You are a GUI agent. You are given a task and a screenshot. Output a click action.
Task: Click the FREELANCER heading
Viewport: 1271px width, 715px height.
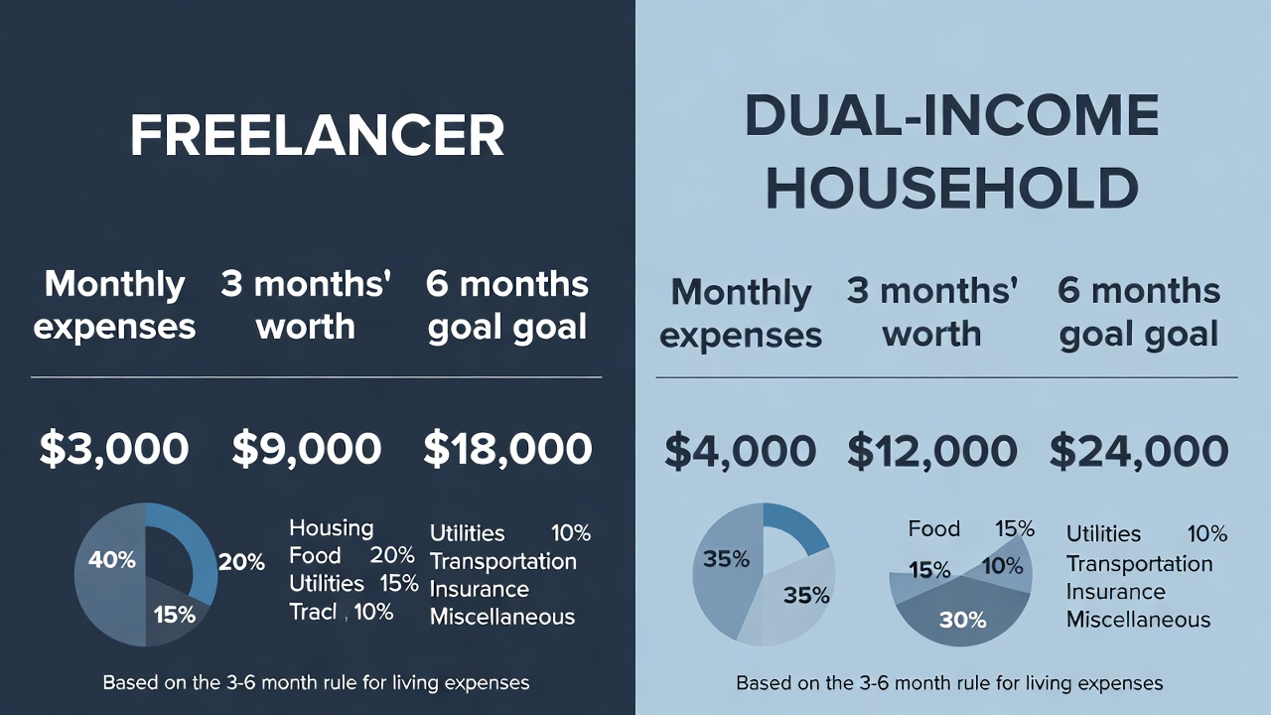pyautogui.click(x=317, y=136)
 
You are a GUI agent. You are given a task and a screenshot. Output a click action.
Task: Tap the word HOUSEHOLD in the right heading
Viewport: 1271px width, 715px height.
pyautogui.click(x=951, y=188)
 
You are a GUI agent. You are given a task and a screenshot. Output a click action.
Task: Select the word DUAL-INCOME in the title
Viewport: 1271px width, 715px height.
pyautogui.click(x=951, y=116)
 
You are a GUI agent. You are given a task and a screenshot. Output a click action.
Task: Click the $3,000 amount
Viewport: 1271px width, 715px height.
pyautogui.click(x=114, y=449)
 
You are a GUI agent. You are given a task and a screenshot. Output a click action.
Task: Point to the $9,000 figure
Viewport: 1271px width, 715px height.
pyautogui.click(x=306, y=449)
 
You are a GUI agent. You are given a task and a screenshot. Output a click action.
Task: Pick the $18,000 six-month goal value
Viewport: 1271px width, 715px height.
pyautogui.click(x=507, y=449)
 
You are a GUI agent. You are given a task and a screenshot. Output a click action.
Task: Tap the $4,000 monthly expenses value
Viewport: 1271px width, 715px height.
pyautogui.click(x=740, y=452)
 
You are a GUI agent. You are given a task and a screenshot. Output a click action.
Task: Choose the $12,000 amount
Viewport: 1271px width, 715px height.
pyautogui.click(x=931, y=452)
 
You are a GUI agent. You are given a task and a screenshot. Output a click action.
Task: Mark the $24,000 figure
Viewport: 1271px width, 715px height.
pyautogui.click(x=1138, y=452)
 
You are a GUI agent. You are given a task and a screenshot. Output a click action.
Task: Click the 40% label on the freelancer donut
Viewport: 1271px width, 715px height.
pyautogui.click(x=111, y=560)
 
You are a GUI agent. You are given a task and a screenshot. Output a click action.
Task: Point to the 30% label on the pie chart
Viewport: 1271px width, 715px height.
pyautogui.click(x=962, y=620)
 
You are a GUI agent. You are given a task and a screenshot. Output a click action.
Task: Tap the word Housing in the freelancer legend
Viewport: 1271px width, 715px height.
pyautogui.click(x=331, y=528)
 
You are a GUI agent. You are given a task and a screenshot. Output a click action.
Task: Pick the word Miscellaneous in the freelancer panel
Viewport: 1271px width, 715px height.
pyautogui.click(x=501, y=617)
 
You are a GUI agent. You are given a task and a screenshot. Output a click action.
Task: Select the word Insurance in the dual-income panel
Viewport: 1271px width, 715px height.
pyautogui.click(x=1115, y=592)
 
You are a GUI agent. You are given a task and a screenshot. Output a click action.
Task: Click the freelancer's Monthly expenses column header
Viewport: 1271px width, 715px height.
pyautogui.click(x=114, y=305)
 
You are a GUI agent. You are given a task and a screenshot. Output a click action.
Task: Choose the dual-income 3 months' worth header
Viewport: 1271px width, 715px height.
pyautogui.click(x=931, y=313)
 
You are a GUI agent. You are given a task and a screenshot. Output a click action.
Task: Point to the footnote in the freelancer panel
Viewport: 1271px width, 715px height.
pyautogui.click(x=316, y=683)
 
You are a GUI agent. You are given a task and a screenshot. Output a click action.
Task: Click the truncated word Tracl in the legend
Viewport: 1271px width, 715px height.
pyautogui.click(x=313, y=612)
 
